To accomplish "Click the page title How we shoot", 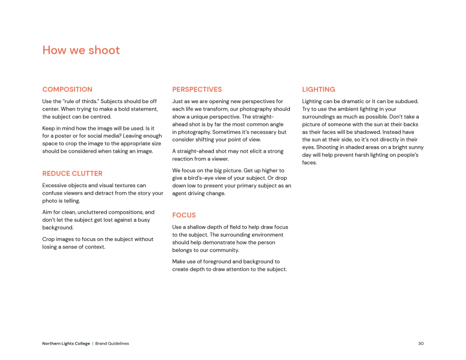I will (x=81, y=50).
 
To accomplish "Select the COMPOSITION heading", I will (x=67, y=89).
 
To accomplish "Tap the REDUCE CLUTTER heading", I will (x=72, y=173).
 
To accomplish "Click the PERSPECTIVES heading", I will (x=197, y=89).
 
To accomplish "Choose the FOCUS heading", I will (x=184, y=215).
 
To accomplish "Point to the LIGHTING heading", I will (x=319, y=89).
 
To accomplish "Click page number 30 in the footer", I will (x=421, y=344).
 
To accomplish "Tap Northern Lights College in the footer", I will (x=66, y=344).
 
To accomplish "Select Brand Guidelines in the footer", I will (x=112, y=344).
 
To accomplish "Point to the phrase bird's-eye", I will (x=208, y=178).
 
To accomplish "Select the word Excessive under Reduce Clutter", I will (x=55, y=186).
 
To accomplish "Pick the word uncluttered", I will (x=103, y=212).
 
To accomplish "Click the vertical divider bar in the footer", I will (x=93, y=344).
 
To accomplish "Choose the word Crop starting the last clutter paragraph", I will (x=48, y=239).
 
